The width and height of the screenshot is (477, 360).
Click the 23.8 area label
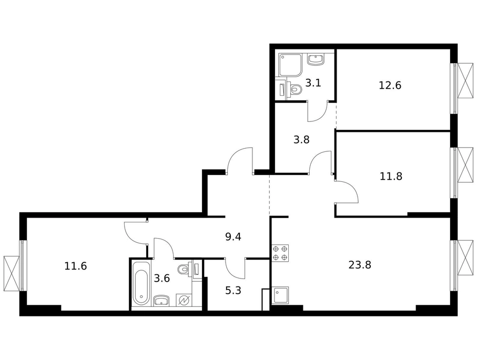(x=360, y=265)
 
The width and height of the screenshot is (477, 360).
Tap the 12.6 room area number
(x=390, y=86)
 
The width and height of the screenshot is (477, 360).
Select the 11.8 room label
(x=391, y=176)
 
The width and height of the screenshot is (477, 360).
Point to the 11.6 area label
(x=75, y=266)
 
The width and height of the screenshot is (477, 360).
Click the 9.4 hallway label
(x=233, y=236)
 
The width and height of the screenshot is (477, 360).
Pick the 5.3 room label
(x=233, y=291)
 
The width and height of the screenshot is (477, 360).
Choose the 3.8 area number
(x=301, y=140)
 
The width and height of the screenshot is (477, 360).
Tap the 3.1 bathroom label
(x=313, y=83)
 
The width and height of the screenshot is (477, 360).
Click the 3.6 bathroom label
(x=161, y=278)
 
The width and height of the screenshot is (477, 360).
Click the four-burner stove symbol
(x=280, y=253)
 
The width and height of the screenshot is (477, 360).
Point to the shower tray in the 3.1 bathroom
(x=290, y=65)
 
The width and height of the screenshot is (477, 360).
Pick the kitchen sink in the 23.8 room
(x=280, y=295)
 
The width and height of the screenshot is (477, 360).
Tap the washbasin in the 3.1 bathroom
(x=316, y=59)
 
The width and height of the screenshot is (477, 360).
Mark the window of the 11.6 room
(x=15, y=265)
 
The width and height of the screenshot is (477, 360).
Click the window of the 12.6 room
(x=462, y=88)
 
